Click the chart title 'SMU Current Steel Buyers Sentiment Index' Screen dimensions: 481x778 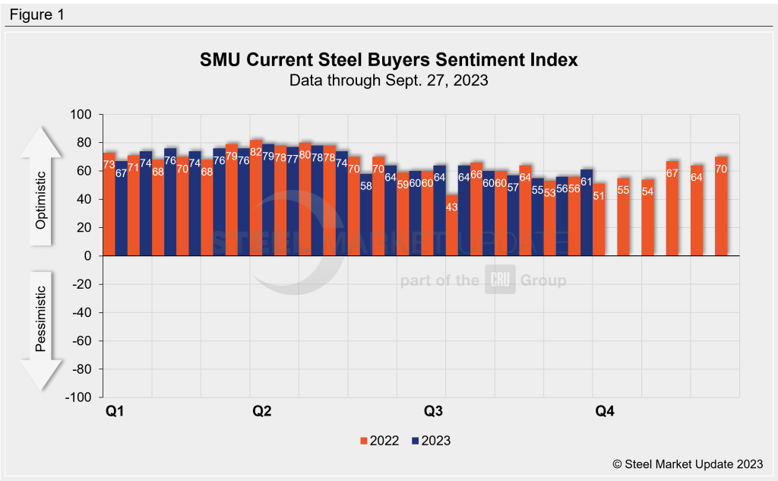pos(388,59)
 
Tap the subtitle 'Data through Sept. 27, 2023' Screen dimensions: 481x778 pos(388,80)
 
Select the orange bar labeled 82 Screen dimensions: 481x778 pos(256,198)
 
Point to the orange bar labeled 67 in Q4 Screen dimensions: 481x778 pos(672,208)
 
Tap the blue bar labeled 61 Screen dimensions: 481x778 pos(587,213)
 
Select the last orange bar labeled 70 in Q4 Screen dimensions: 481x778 pos(721,206)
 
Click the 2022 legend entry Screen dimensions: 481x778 pos(379,440)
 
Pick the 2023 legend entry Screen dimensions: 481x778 pos(431,440)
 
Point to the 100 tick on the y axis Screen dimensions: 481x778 pos(81,115)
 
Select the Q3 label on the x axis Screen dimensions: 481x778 pos(433,412)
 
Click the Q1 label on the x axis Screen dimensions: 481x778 pos(115,412)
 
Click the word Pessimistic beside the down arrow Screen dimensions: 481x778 pos(43,319)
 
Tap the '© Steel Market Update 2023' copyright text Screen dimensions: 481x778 pos(688,464)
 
